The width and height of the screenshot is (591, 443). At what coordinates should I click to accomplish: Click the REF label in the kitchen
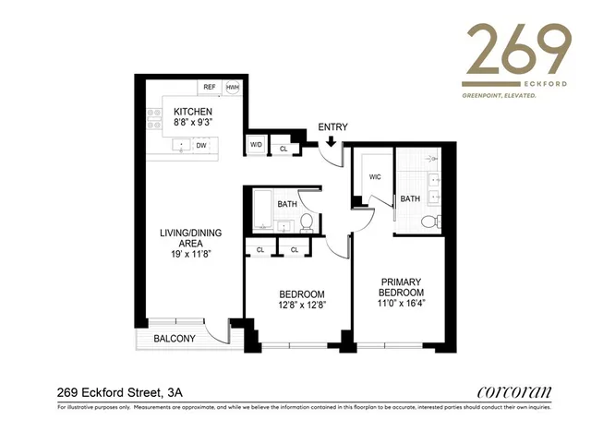coord(210,87)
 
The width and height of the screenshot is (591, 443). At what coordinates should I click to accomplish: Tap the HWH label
coord(232,87)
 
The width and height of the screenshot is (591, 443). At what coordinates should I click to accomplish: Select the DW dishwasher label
coord(200,145)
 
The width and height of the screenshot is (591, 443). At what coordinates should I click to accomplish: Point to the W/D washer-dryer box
coord(255,146)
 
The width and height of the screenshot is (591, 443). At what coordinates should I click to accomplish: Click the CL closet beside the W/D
coord(283,148)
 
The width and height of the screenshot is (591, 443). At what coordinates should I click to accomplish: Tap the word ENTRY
coord(332,126)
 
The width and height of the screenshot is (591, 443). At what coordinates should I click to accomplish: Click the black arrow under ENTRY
coord(331,141)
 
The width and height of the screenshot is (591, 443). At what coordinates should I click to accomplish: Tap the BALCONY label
coord(174,339)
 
